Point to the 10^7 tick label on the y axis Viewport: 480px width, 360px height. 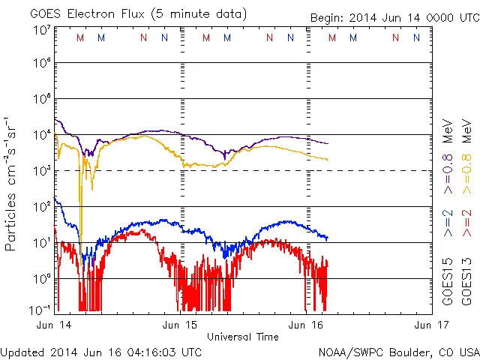tap(41, 31)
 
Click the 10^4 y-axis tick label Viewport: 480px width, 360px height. tap(41, 135)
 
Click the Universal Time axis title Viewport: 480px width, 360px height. tap(243, 336)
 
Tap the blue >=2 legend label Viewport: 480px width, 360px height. tap(448, 223)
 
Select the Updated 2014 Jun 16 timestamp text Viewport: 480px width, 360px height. tap(101, 351)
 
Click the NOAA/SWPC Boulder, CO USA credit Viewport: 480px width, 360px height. tap(398, 351)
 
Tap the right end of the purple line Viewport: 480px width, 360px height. tap(327, 143)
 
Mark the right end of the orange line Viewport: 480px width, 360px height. tap(327, 159)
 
